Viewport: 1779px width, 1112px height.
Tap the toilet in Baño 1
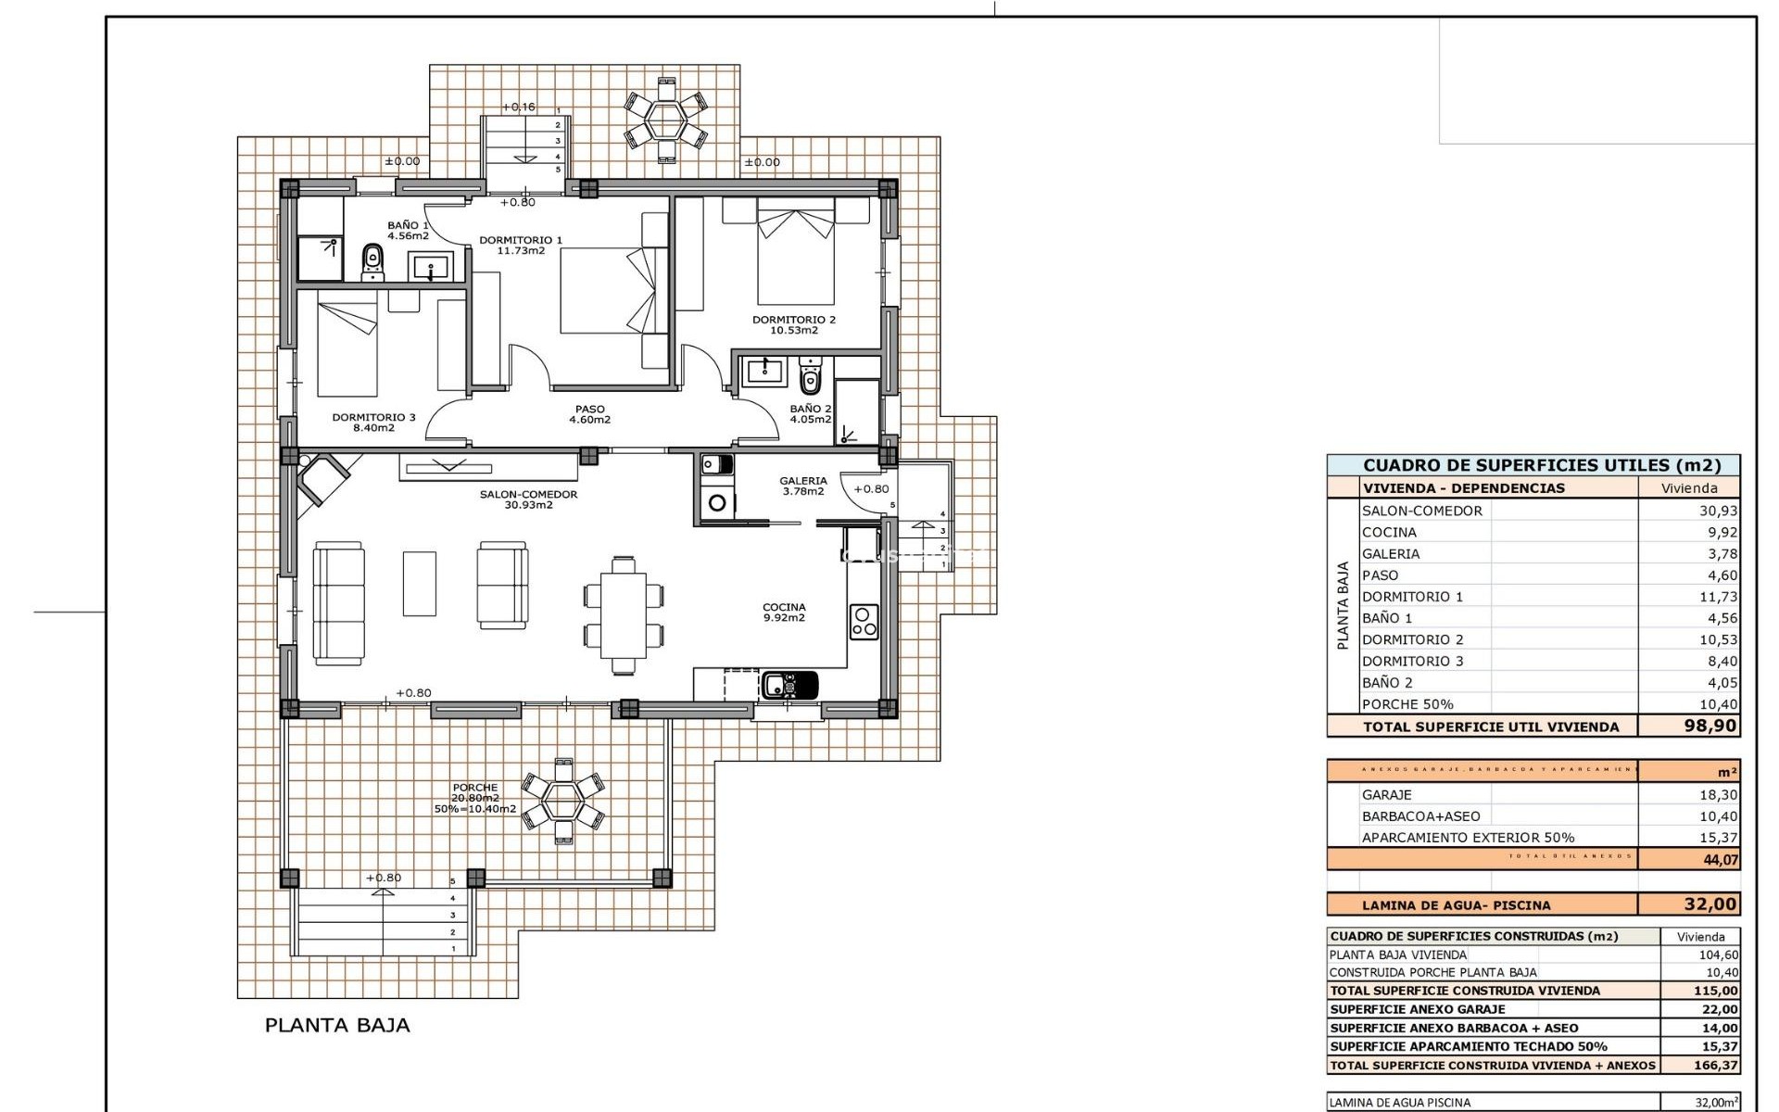[x=372, y=260]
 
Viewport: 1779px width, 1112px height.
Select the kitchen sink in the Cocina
[x=789, y=686]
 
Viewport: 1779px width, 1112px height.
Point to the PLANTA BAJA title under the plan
[x=337, y=1025]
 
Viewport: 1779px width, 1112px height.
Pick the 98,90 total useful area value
[x=1710, y=726]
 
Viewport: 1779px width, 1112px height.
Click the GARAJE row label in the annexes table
[x=1387, y=794]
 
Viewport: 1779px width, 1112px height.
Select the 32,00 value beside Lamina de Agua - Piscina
[x=1710, y=904]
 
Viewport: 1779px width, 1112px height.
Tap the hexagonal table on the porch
[x=562, y=799]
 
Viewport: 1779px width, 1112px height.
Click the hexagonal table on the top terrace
[x=665, y=120]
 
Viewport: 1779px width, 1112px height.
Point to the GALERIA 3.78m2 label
[x=802, y=486]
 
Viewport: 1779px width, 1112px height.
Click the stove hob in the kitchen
[x=864, y=622]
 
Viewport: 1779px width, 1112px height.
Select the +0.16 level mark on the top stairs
[x=519, y=107]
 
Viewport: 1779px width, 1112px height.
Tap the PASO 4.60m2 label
[x=589, y=414]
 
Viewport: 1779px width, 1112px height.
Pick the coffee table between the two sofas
[x=420, y=584]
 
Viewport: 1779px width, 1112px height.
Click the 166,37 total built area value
[x=1715, y=1066]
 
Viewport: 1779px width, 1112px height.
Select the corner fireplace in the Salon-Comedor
[x=320, y=477]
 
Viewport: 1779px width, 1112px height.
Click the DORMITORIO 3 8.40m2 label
[x=373, y=423]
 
